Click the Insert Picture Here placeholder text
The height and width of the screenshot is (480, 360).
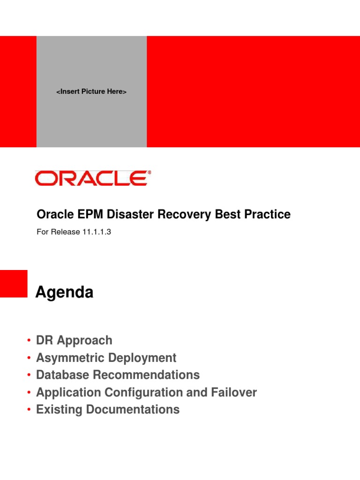pos(91,92)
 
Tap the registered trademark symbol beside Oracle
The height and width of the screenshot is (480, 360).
pos(150,172)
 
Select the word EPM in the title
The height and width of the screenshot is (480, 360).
pos(84,215)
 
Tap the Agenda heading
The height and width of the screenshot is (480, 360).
pos(64,293)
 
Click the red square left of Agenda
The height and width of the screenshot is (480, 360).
pos(14,284)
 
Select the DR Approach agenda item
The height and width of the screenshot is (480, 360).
pos(74,340)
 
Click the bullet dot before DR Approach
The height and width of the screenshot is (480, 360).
pos(29,341)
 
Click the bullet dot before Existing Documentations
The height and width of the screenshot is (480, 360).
pos(29,410)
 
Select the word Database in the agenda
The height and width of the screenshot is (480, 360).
pos(65,375)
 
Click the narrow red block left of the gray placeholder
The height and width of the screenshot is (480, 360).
pos(18,91)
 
